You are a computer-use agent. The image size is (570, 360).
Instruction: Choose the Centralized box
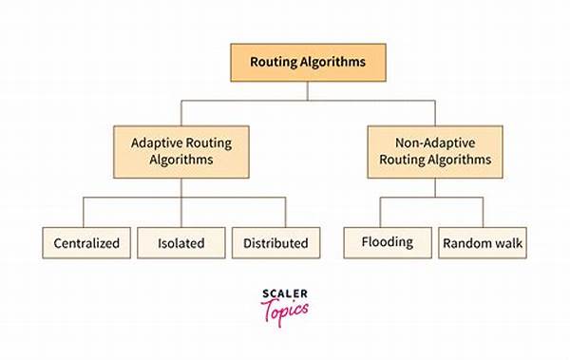click(x=85, y=243)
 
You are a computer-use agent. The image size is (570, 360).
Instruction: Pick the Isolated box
click(x=180, y=243)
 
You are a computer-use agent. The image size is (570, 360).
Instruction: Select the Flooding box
click(x=387, y=242)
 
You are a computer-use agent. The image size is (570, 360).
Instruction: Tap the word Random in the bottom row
click(x=465, y=242)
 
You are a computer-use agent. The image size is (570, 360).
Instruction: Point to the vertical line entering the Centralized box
click(x=85, y=212)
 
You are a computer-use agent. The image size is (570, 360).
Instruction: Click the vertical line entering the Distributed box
click(x=285, y=212)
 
